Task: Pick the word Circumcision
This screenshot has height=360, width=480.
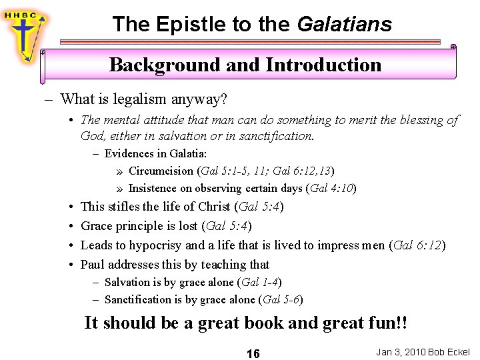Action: coord(161,171)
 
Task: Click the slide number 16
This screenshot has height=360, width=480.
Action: coord(253,353)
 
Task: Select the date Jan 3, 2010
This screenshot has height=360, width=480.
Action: coord(398,351)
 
